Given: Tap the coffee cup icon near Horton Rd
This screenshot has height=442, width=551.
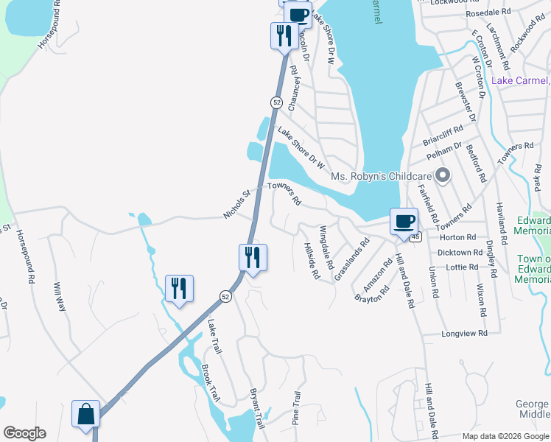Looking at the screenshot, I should point(403,221).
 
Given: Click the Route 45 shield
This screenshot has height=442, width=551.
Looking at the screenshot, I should point(416,236).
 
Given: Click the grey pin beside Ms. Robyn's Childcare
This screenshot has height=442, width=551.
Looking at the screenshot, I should point(442,175).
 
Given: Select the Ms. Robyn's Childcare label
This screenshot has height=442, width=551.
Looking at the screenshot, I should point(381,176).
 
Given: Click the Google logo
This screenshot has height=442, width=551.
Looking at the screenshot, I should point(24,433).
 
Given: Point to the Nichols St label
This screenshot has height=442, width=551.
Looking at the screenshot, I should point(237,205).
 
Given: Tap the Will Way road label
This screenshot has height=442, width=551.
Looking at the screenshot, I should point(60,295).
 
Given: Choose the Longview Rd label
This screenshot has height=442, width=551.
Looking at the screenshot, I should point(464,333).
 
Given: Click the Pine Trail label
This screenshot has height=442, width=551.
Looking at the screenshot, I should point(298,407).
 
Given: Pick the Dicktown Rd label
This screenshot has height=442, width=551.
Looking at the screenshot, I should point(460,252).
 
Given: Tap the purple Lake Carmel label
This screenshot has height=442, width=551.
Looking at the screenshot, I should point(520,80).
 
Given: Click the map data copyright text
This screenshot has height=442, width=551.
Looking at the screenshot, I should point(504,436).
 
